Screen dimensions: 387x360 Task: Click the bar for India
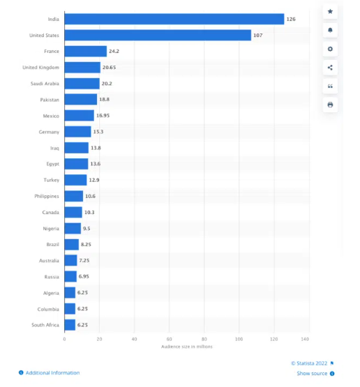[174, 19]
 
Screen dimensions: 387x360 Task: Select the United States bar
[158, 35]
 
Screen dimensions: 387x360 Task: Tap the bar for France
[85, 51]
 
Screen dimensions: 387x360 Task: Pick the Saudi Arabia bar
[82, 84]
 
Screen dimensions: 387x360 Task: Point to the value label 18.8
[104, 100]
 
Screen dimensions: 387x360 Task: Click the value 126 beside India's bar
[290, 19]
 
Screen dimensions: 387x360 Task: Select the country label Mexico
[51, 116]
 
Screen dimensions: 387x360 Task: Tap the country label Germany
[50, 132]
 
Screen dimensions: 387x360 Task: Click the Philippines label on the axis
[47, 196]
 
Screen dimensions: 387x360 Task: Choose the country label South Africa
[45, 325]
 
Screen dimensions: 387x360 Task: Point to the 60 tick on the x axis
[169, 339]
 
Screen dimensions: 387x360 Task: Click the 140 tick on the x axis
[304, 339]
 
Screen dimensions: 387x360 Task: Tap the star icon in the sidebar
[330, 12]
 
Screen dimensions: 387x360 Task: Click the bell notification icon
[330, 31]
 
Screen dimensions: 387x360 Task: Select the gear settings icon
[330, 49]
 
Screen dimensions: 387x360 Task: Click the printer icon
[330, 105]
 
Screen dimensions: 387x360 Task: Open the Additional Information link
[52, 373]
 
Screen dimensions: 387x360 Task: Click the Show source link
[312, 374]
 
